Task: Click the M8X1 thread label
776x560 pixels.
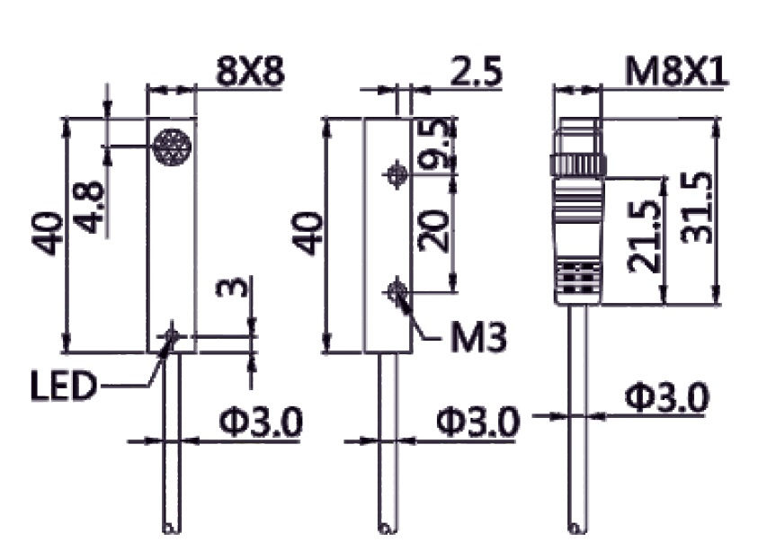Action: pos(677,71)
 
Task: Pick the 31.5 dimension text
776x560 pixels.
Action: pos(695,209)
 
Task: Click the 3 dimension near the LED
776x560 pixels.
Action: pos(232,288)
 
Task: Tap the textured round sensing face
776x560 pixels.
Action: pos(171,147)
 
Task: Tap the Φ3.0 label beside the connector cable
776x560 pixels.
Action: pos(666,396)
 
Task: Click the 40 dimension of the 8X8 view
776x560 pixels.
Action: pos(49,233)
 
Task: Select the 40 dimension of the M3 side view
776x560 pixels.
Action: pos(307,233)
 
